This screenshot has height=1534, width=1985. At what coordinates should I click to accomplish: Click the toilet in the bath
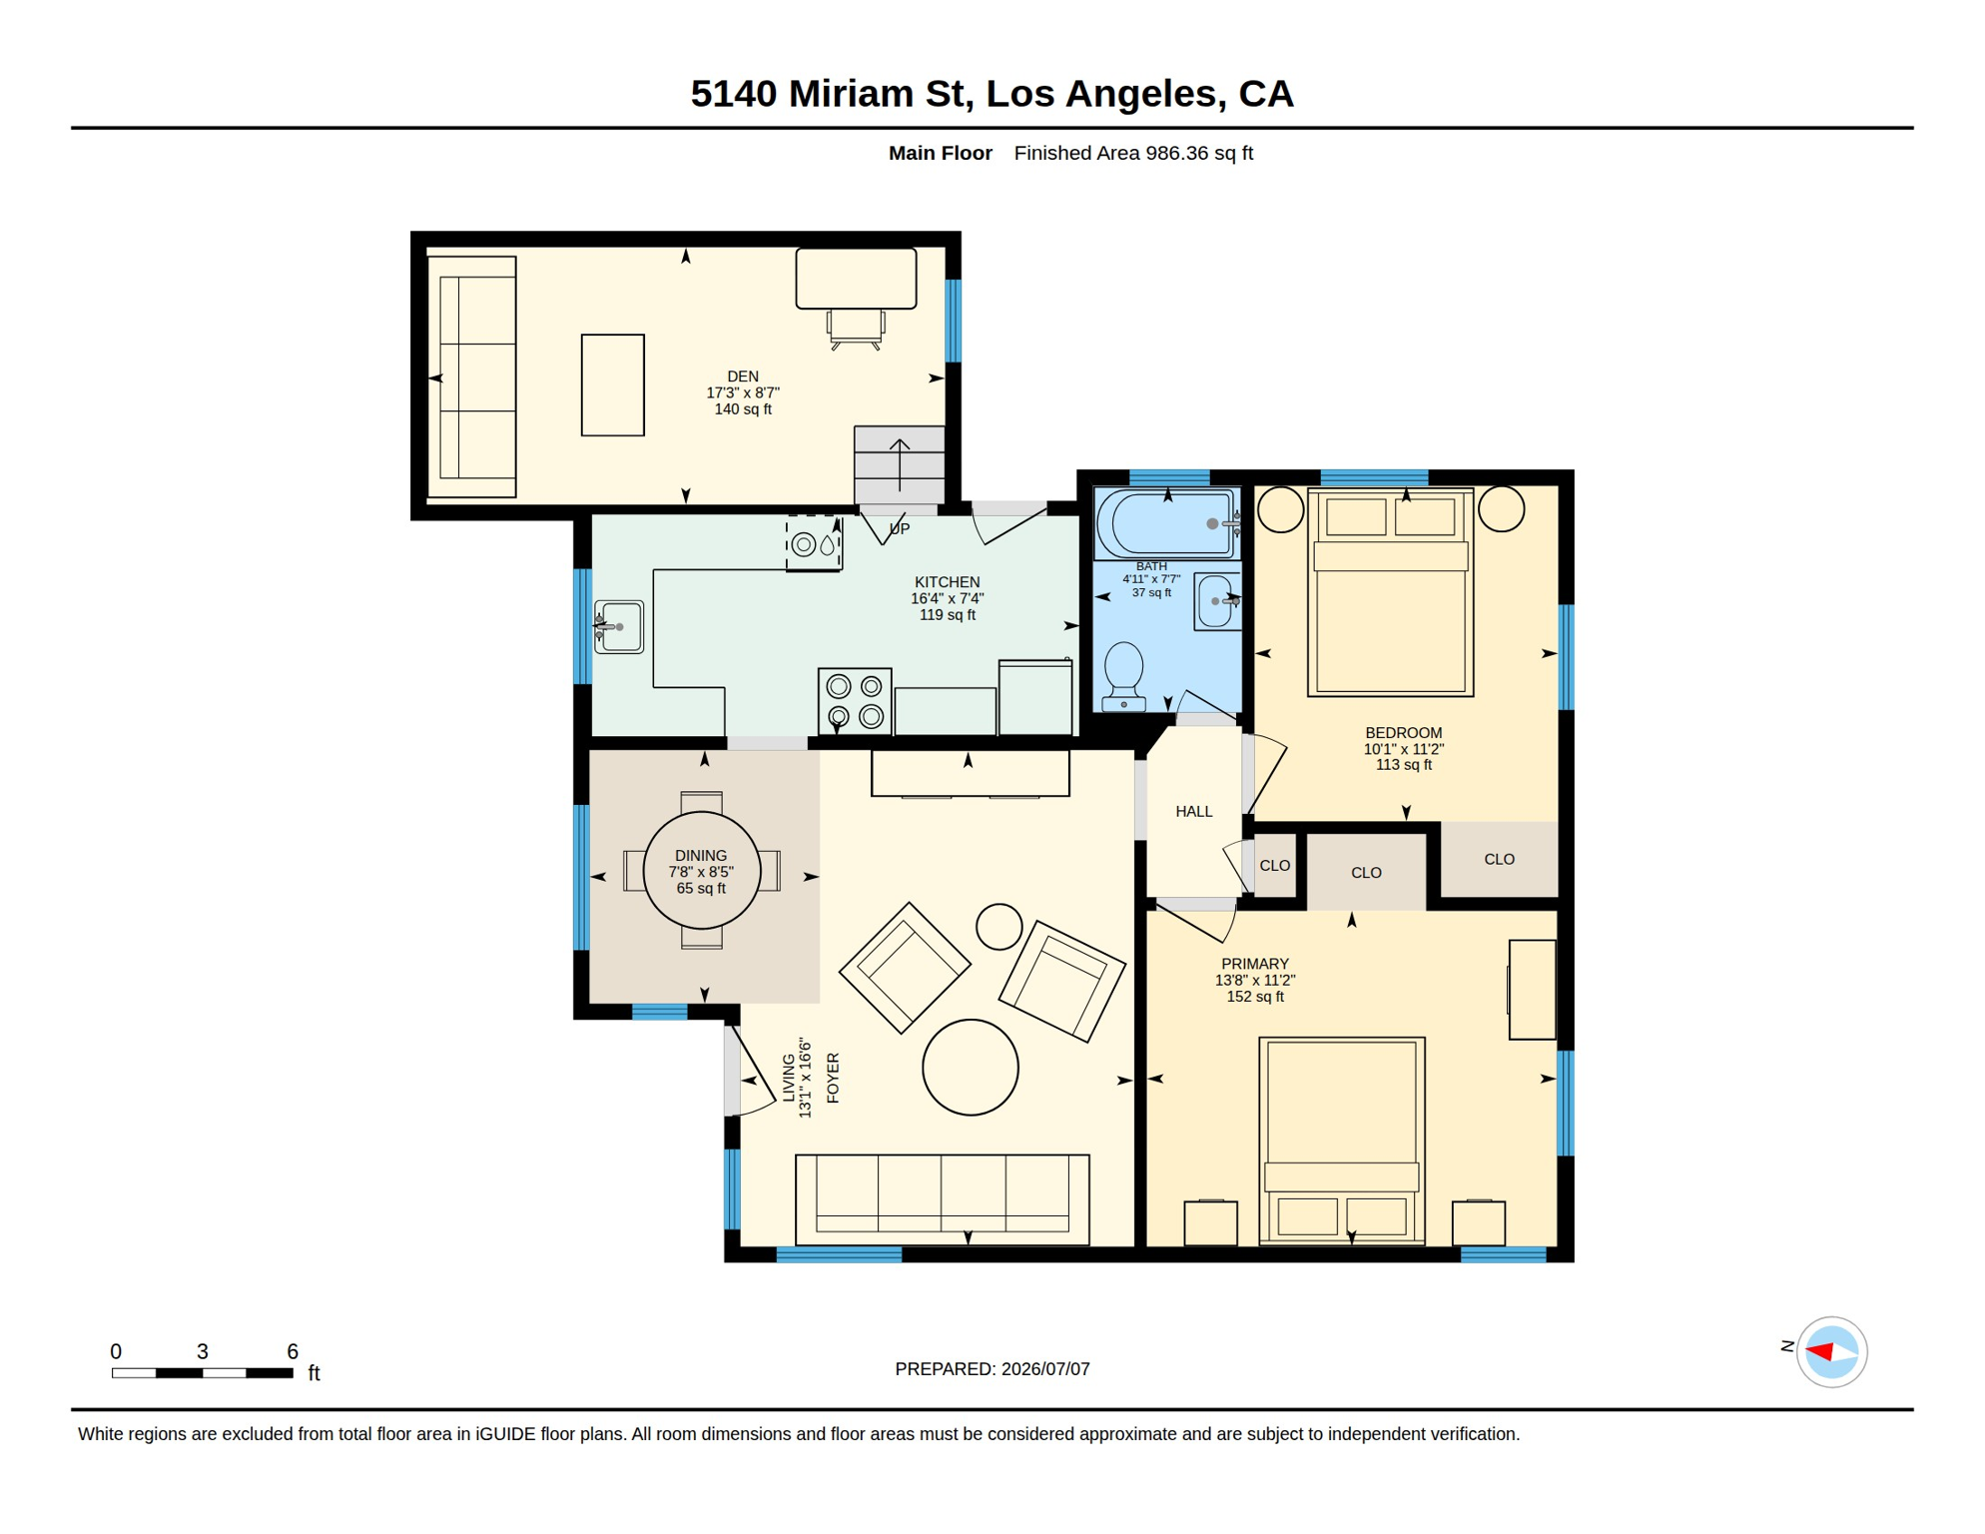(1124, 676)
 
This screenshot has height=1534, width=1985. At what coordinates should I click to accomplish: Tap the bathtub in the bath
(1167, 523)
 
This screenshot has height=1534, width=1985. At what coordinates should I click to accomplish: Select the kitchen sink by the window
(618, 627)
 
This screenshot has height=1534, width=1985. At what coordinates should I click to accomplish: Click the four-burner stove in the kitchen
(855, 701)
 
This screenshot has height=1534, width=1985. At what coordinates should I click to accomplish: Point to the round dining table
(702, 870)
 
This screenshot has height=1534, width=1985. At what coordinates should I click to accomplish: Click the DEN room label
(743, 377)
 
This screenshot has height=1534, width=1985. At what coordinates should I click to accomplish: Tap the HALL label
(1194, 812)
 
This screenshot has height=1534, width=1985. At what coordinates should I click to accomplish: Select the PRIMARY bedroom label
(1255, 965)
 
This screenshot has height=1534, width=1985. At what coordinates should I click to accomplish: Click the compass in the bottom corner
(1831, 1352)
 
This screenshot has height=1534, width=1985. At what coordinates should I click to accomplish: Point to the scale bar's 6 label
(293, 1351)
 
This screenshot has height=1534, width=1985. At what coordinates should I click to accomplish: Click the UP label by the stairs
(900, 529)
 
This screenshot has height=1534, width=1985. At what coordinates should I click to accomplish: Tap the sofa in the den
(472, 378)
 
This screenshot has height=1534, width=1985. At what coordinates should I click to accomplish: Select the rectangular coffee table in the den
(613, 385)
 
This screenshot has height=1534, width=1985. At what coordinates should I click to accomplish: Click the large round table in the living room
(971, 1068)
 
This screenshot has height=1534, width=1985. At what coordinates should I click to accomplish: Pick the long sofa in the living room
(943, 1199)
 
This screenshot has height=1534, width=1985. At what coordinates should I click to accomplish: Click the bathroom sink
(1217, 602)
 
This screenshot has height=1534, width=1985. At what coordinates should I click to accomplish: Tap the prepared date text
(992, 1369)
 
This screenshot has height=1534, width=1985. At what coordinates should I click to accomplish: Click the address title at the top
(992, 94)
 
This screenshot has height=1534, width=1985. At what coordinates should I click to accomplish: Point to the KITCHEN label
(948, 582)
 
